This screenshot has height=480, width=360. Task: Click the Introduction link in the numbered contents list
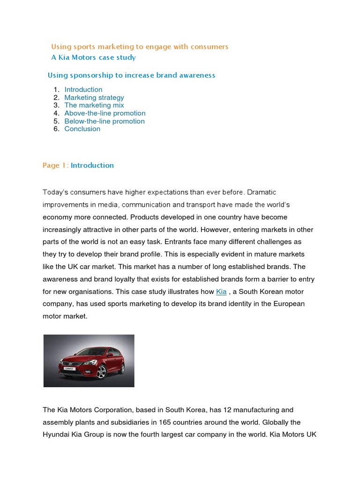(x=83, y=90)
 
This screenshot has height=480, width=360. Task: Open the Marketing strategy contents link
(x=94, y=97)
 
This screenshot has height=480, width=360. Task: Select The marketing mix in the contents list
(x=94, y=105)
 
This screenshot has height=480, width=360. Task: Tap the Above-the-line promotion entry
(x=105, y=113)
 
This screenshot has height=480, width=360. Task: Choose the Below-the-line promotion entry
(x=104, y=121)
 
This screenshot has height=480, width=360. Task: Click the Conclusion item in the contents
(x=82, y=129)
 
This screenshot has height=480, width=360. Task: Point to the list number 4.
(x=56, y=113)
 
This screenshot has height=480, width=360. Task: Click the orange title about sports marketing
(x=139, y=46)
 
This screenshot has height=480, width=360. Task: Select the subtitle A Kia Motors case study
(x=93, y=57)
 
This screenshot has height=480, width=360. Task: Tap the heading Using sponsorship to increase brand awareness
(x=131, y=75)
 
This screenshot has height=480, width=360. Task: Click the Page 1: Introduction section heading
(x=78, y=165)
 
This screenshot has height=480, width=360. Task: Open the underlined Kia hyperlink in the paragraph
(x=221, y=292)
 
